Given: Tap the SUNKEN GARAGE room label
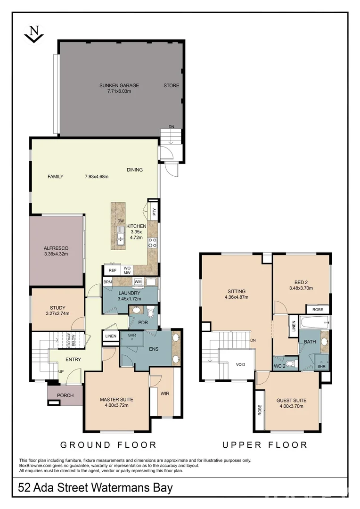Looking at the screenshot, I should tap(119, 86).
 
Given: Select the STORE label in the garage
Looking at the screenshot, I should tap(172, 86).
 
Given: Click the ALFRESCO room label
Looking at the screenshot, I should tap(56, 248).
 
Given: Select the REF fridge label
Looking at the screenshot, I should tap(112, 271).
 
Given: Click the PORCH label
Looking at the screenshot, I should tap(65, 395).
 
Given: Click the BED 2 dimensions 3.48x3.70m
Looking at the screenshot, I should tap(301, 288).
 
